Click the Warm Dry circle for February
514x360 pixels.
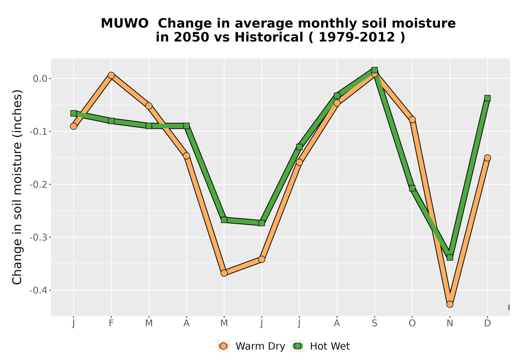point(111,76)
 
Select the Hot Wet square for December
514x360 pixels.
point(487,98)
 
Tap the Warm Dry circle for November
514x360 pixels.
point(450,304)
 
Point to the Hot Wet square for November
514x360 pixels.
point(450,257)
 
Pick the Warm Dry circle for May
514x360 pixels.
point(224,273)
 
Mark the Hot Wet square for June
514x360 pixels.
point(262,223)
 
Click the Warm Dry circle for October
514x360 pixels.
point(412,119)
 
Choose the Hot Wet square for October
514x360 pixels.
point(412,188)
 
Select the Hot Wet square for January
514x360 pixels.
point(74,114)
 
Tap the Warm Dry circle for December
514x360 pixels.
point(487,158)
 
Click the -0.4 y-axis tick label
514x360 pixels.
point(39,291)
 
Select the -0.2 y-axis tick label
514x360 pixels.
point(39,185)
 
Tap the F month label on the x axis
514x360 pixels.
point(111,323)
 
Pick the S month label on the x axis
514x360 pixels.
point(374,323)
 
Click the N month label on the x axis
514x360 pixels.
point(450,323)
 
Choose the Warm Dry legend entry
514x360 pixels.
point(251,346)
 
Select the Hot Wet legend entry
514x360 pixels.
point(321,346)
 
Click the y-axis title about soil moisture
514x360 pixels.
point(17,187)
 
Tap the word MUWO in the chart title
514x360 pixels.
point(124,23)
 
